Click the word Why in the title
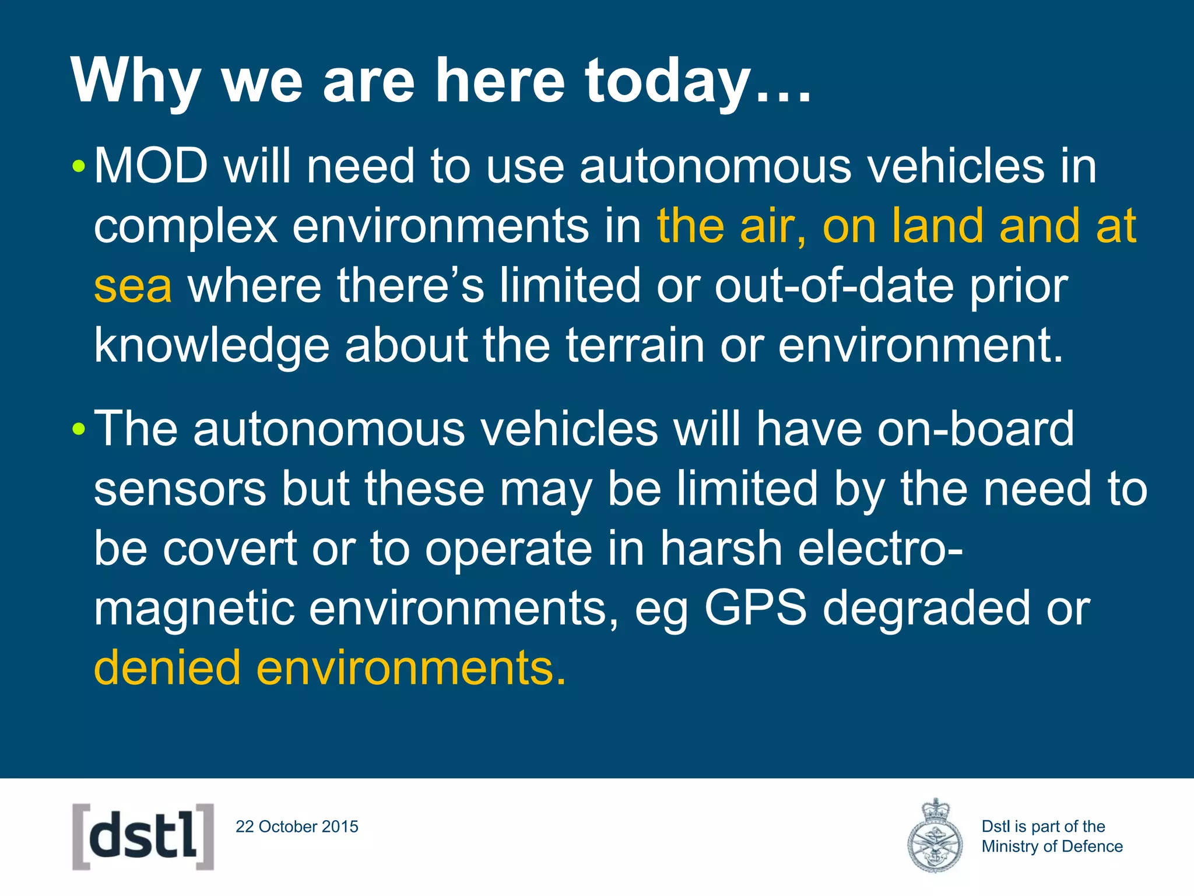136,82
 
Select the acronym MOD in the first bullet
151,166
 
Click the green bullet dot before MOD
79,168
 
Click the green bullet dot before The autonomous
79,430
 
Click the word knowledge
212,345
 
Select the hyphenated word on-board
975,429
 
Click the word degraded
926,608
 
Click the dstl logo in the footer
143,836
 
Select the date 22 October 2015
297,827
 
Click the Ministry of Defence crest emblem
935,836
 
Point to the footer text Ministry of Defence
1052,846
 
